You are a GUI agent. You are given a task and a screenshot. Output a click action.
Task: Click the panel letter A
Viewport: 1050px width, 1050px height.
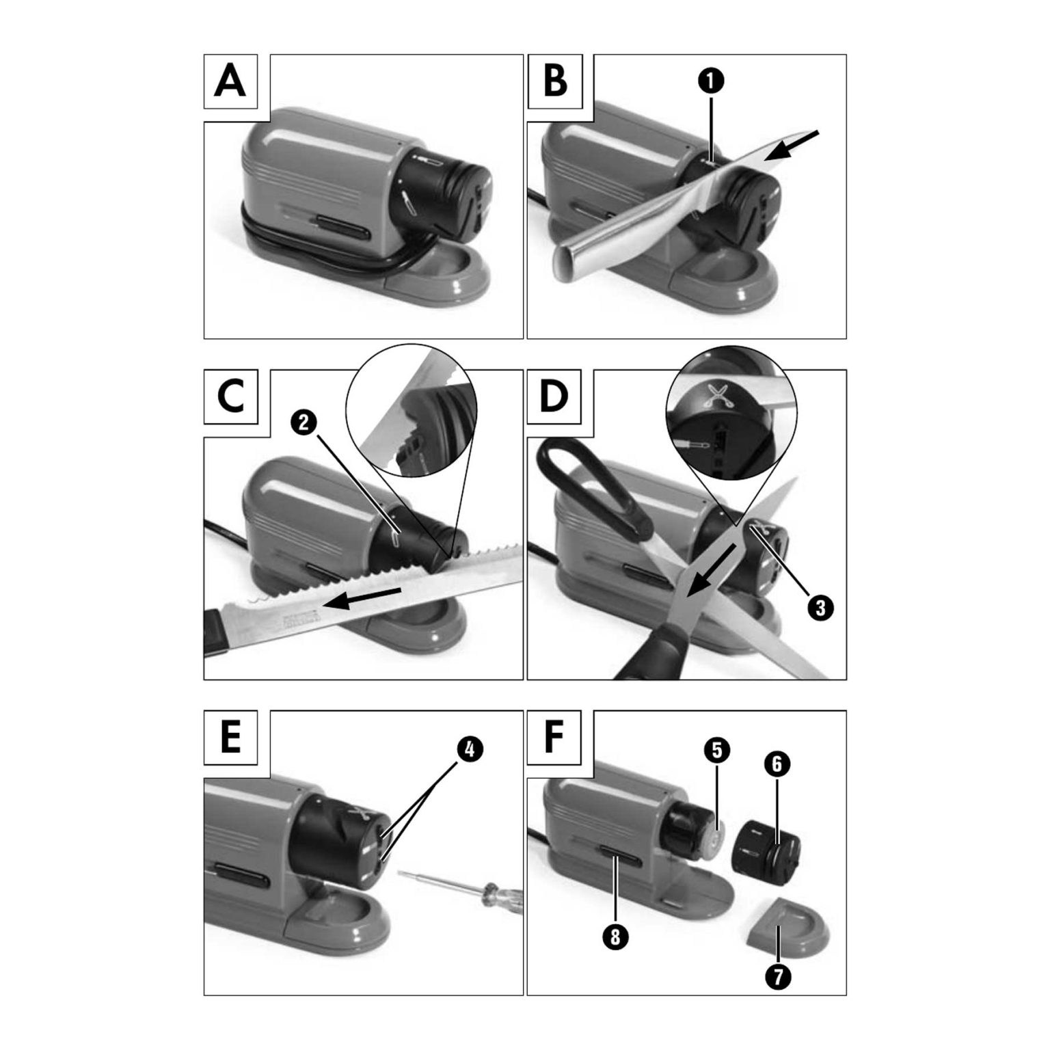pos(230,81)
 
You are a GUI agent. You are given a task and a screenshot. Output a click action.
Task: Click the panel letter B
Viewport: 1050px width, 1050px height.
pos(555,81)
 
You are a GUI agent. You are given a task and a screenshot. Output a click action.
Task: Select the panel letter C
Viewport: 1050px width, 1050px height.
pos(230,396)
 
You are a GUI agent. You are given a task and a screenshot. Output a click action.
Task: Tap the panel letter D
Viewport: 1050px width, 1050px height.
pos(554,396)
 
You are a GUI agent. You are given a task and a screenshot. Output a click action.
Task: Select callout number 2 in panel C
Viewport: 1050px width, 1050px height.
pos(305,422)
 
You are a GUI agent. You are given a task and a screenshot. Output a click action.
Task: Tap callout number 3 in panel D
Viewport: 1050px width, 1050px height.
pos(819,606)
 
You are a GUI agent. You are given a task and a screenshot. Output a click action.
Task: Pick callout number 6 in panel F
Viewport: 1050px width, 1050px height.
pos(777,764)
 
